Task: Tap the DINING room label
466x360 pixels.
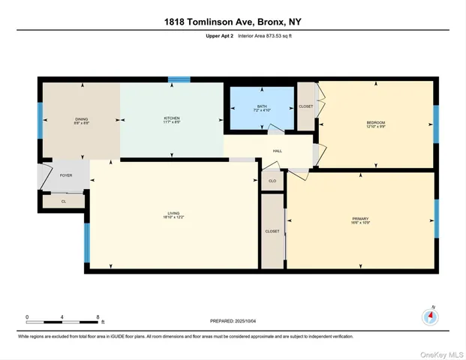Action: [x=81, y=120]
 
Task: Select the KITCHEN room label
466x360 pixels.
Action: [x=172, y=120]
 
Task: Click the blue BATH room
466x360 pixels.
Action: [x=261, y=109]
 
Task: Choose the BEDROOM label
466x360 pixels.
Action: [x=375, y=123]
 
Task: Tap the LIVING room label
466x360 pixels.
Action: [x=173, y=215]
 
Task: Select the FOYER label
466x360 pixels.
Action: [x=66, y=175]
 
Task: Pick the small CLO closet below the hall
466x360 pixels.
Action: [x=272, y=181]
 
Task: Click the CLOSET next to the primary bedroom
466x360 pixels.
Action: [x=272, y=231]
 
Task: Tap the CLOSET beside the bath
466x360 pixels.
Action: [x=305, y=106]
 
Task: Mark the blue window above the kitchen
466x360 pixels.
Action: [x=179, y=79]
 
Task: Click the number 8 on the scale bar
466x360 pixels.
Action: [x=98, y=316]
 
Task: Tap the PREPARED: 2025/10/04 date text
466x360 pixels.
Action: [x=233, y=321]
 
